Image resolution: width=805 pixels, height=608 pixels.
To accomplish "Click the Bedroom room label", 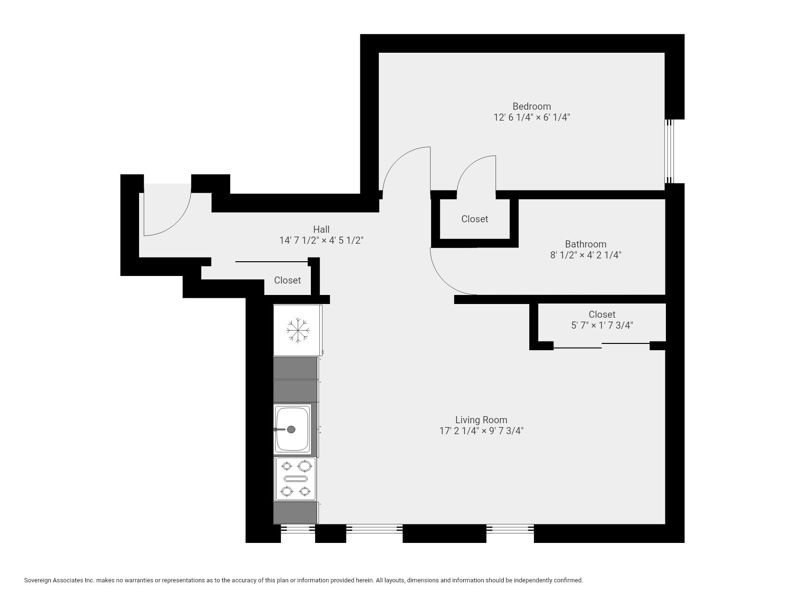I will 532,106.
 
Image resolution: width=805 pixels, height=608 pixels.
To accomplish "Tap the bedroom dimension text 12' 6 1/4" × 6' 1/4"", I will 532,117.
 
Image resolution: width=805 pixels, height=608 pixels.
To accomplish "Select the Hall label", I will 321,229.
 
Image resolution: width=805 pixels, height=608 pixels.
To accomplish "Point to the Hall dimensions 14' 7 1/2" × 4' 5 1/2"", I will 321,240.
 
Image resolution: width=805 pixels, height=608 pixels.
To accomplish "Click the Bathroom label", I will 586,244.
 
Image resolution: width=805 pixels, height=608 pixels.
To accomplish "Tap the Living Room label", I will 481,420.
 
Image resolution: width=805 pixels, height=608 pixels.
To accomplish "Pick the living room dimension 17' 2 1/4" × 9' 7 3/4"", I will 481,431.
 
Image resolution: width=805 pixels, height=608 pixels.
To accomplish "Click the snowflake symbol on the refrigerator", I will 298,330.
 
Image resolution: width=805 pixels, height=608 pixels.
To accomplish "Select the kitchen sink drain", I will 291,429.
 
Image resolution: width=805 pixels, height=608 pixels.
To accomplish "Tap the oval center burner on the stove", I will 295,478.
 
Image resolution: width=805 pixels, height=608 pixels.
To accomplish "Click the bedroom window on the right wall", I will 669,151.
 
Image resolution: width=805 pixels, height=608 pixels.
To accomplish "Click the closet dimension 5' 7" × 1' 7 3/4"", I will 602,325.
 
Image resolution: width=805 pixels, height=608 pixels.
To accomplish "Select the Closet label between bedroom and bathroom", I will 475,219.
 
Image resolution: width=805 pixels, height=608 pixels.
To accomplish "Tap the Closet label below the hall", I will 287,280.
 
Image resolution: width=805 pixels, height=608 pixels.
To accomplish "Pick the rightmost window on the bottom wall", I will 510,528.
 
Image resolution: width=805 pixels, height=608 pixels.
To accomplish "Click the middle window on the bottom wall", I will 374,528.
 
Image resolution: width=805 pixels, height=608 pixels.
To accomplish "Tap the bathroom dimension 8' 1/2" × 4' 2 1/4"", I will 586,255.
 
